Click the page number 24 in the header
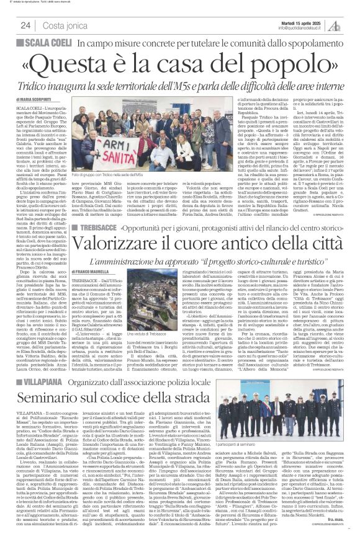(x=25, y=25)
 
